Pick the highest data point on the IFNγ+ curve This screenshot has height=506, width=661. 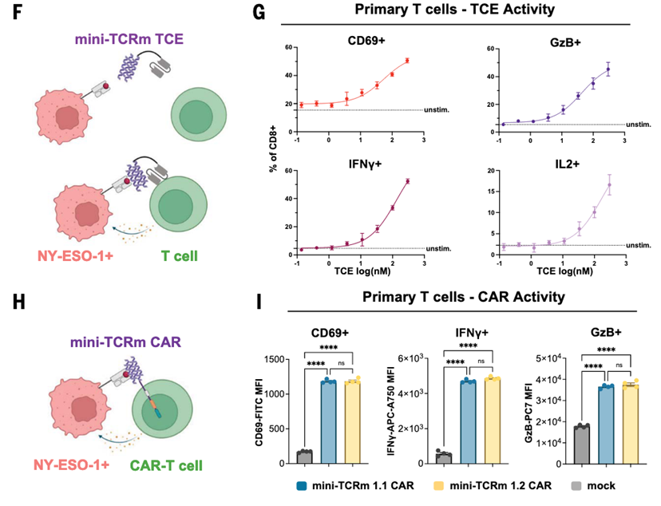click(x=407, y=181)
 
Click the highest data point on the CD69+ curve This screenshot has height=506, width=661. click(x=407, y=61)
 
